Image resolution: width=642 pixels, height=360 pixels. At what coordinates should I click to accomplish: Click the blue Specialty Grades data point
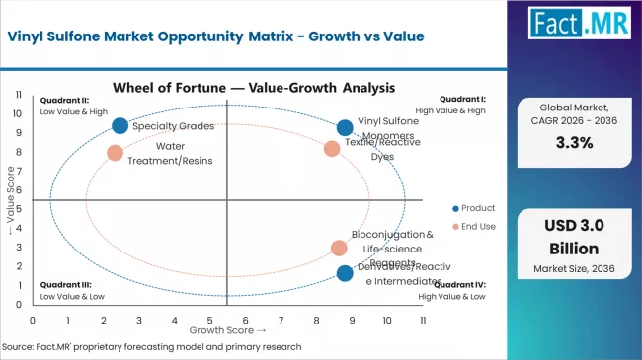tap(120, 125)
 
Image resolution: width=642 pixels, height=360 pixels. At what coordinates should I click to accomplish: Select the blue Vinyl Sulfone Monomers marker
tap(344, 127)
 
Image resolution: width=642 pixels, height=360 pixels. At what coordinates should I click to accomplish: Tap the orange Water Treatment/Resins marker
tap(115, 153)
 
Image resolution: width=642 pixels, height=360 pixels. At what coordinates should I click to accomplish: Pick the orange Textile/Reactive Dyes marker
tap(332, 148)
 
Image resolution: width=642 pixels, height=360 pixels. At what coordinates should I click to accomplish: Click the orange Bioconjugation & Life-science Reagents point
tap(339, 248)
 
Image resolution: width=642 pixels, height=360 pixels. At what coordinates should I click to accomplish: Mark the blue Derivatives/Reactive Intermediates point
tap(344, 273)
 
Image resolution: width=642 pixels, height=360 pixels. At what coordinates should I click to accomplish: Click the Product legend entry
tap(473, 208)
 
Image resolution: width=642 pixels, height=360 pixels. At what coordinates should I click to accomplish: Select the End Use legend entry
tap(473, 227)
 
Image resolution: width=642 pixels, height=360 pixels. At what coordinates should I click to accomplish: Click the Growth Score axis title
tap(228, 330)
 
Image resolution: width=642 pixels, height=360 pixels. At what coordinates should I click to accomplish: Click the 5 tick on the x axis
tap(210, 321)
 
